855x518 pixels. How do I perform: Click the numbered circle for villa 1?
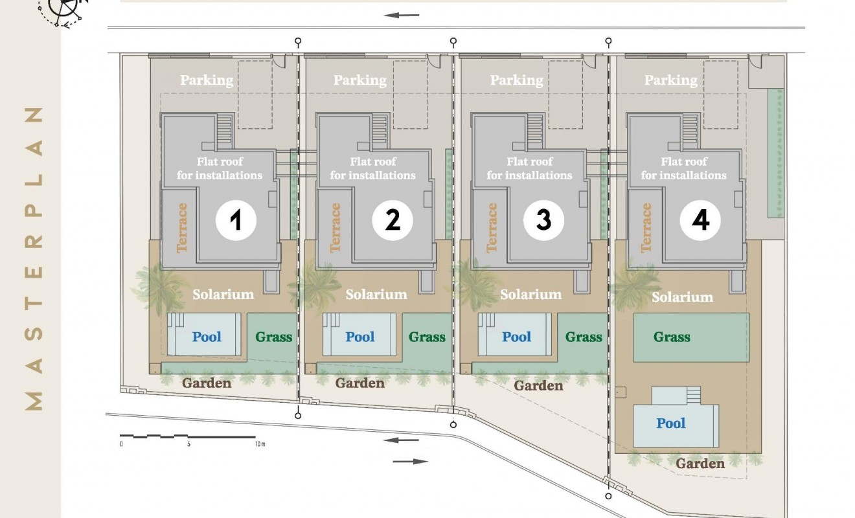pyautogui.click(x=236, y=220)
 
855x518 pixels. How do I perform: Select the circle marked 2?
pyautogui.click(x=393, y=220)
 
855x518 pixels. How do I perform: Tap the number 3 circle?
pyautogui.click(x=543, y=220)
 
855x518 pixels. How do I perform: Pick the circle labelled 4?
pyautogui.click(x=700, y=220)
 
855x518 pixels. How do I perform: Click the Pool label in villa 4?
pyautogui.click(x=670, y=423)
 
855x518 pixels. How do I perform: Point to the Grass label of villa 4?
pyautogui.click(x=672, y=337)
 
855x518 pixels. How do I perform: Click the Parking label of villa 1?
pyautogui.click(x=207, y=80)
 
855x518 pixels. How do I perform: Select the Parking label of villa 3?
pyautogui.click(x=516, y=80)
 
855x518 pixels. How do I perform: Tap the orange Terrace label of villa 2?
pyautogui.click(x=335, y=228)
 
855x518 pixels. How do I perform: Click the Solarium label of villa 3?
pyautogui.click(x=531, y=295)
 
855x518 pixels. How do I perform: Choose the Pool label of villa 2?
pyautogui.click(x=360, y=337)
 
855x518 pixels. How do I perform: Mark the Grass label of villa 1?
pyautogui.click(x=274, y=337)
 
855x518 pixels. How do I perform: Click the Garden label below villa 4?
pyautogui.click(x=700, y=464)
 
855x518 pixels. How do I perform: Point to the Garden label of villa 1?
pyautogui.click(x=207, y=383)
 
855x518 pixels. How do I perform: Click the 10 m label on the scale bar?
pyautogui.click(x=260, y=444)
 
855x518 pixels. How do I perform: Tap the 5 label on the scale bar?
pyautogui.click(x=188, y=444)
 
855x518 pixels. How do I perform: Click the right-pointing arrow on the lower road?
pyautogui.click(x=410, y=462)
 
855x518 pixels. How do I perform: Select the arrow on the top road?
pyautogui.click(x=401, y=16)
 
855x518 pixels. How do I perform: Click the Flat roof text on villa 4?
pyautogui.click(x=683, y=162)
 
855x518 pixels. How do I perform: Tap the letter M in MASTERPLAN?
pyautogui.click(x=34, y=401)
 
